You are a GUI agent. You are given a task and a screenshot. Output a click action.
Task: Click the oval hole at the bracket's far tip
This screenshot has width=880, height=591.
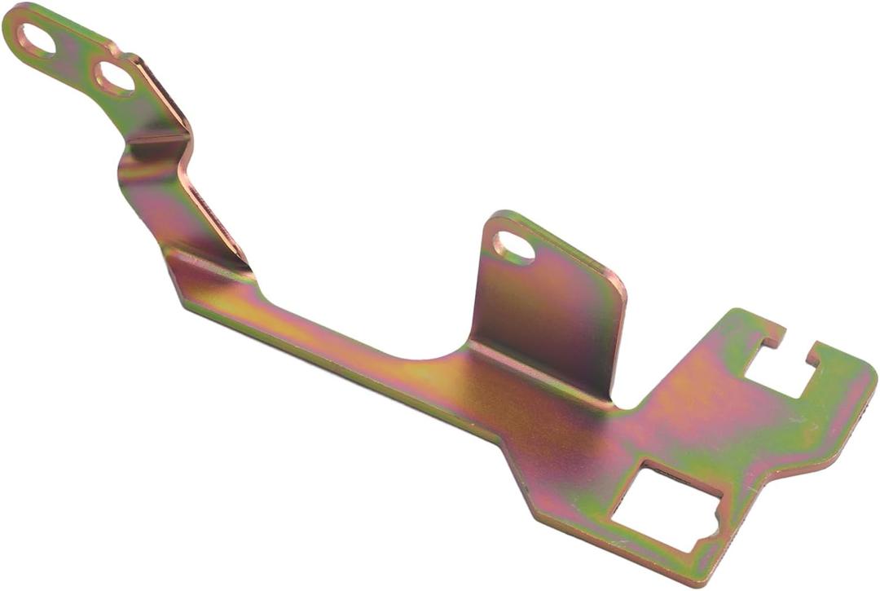click(x=37, y=40)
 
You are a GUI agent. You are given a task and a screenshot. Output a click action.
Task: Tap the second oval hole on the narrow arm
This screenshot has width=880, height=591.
click(x=115, y=77)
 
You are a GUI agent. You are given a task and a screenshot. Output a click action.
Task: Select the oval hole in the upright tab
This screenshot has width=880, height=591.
click(x=513, y=247)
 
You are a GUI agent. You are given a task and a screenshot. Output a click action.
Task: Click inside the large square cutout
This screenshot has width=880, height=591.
click(x=664, y=506)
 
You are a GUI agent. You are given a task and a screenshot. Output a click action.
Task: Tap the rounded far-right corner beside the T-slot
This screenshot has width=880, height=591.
click(x=870, y=380)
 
